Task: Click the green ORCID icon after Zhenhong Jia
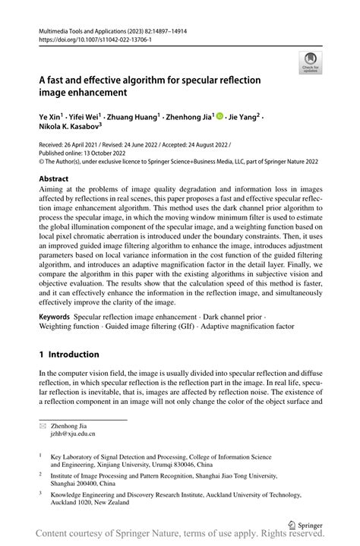point(219,118)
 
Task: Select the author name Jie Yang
point(246,118)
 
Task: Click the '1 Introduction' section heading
point(69,354)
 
